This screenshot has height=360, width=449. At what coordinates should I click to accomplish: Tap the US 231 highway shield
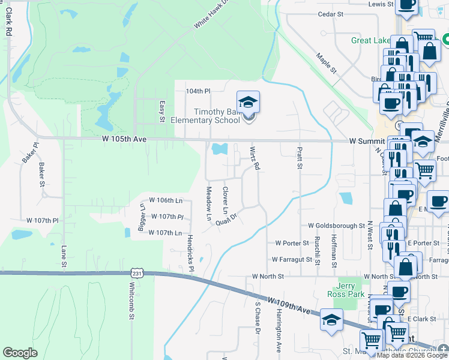(x=131, y=273)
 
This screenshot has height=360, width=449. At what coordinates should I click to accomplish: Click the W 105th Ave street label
(x=125, y=140)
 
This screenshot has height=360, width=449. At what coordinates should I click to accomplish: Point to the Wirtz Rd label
(x=255, y=158)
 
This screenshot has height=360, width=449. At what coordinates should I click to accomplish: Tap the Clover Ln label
(x=225, y=200)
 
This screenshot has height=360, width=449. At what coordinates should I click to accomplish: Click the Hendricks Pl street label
(x=190, y=252)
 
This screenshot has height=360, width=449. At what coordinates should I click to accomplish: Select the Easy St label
(x=161, y=111)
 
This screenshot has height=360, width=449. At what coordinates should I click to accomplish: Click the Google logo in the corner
(x=20, y=352)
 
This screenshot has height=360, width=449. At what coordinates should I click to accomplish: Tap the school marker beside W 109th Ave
(x=331, y=320)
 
